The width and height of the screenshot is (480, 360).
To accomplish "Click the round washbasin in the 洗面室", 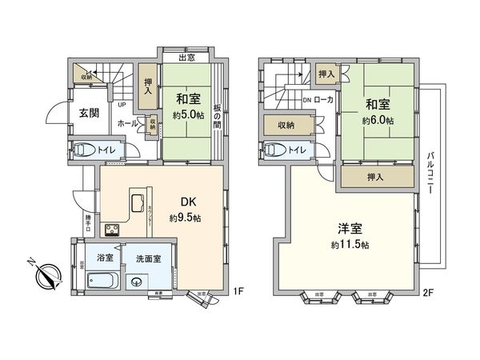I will (x=134, y=281).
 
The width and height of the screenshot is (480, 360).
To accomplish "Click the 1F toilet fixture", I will (x=84, y=150).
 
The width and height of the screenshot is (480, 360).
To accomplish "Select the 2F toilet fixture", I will (x=276, y=150).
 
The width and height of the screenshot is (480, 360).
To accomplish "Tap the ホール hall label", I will (x=126, y=124).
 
